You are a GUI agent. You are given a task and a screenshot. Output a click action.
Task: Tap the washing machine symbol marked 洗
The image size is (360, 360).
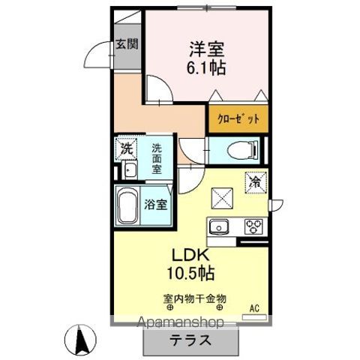pyautogui.click(x=127, y=148)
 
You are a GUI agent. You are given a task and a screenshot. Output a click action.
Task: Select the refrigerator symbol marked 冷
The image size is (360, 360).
pyautogui.click(x=254, y=181)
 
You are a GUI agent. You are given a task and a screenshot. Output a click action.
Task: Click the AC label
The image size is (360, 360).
pyautogui.click(x=253, y=305)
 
